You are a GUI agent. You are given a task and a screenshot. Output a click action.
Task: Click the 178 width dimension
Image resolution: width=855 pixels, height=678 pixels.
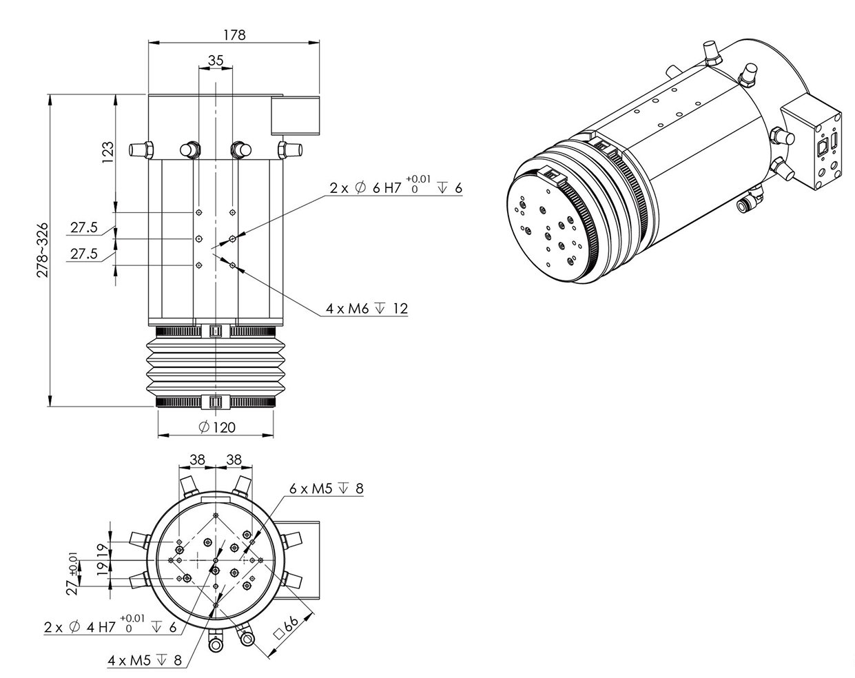234,34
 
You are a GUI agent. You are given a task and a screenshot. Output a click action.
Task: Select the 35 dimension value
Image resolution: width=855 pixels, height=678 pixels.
216,60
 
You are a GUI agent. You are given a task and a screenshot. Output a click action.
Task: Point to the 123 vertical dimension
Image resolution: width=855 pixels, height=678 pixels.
107,152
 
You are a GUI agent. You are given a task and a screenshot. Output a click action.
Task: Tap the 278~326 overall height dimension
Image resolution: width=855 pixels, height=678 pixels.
41,249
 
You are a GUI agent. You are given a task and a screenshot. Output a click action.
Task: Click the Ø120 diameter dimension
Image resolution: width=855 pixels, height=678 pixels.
216,427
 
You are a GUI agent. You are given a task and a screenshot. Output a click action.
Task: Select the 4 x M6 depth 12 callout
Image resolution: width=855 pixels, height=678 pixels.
367,309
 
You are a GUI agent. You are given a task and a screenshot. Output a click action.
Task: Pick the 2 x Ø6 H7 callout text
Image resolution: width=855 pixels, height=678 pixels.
395,187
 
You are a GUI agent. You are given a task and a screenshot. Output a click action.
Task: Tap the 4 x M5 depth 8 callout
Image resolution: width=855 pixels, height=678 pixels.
145,660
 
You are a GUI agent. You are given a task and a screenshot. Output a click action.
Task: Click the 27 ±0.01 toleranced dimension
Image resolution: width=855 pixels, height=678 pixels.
72,571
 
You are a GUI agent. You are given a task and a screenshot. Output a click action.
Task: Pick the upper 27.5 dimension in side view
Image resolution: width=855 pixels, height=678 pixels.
83,227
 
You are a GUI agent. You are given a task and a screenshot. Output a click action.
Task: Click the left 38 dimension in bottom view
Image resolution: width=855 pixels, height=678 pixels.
198,460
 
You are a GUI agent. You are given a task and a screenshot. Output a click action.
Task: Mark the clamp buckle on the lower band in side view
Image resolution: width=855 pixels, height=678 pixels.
215,401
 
